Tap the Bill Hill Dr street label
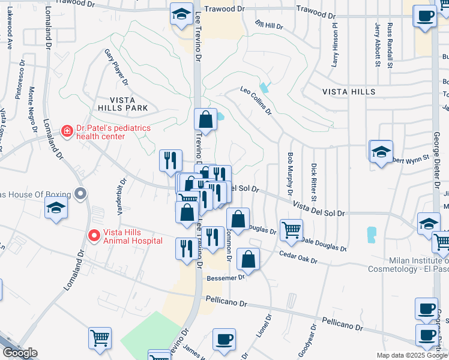coord(268,25)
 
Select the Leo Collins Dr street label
coord(256,100)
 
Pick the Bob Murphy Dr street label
coord(290,169)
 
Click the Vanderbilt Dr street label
coord(119,197)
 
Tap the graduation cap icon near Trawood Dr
coord(181,14)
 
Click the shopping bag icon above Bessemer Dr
coord(248,259)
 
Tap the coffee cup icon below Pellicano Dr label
coord(224,340)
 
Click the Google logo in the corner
coord(20,353)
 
